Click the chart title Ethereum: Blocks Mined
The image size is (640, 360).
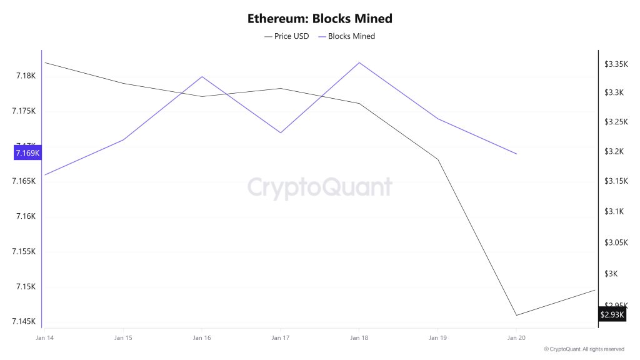pos(319,19)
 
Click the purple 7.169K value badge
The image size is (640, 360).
pos(27,152)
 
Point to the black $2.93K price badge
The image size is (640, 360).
pos(612,314)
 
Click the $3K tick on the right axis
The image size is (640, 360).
pos(611,274)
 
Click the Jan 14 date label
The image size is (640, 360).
pos(44,338)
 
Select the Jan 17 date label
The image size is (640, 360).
pos(280,338)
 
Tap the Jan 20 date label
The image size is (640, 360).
pos(516,338)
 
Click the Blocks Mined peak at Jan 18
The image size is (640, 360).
pos(359,62)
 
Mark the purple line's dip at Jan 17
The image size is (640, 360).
pos(280,132)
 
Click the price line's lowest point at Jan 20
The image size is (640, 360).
pos(516,315)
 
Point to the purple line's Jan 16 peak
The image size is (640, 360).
pos(202,77)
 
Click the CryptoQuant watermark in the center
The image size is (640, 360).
pos(319,187)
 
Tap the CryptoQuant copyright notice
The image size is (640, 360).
pos(584,349)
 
